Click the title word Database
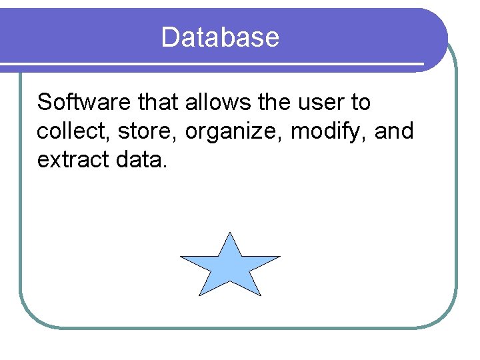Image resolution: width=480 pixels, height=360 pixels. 220,37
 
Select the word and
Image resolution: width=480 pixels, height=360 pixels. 394,131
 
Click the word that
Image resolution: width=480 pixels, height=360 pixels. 158,103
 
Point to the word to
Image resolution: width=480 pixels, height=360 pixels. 360,103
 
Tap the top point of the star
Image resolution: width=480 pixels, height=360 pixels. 230,234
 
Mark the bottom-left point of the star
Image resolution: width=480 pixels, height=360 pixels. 200,293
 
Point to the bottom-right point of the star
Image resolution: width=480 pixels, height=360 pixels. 259,293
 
